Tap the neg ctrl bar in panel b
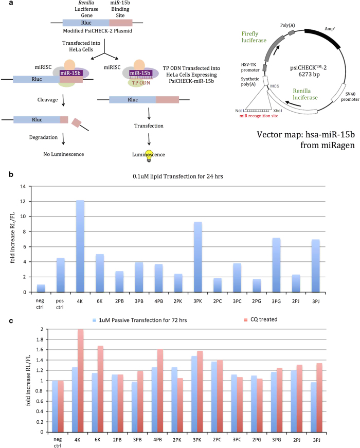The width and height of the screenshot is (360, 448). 41,288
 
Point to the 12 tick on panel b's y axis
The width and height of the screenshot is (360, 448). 23,201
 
